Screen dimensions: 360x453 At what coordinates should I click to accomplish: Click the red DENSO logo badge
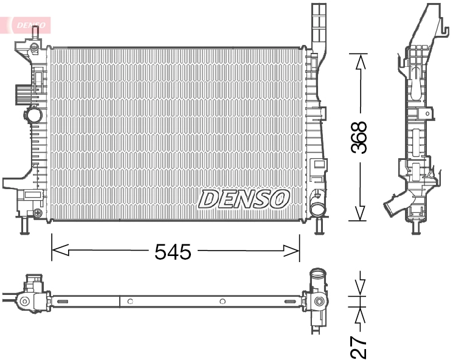tap(29, 24)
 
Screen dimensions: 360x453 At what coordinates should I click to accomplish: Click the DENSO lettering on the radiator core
tap(244, 198)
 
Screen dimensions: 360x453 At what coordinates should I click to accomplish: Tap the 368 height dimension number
tap(360, 137)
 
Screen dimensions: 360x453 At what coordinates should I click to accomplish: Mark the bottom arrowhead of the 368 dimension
tap(360, 212)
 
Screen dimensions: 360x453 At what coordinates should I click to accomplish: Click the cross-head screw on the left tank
tap(38, 213)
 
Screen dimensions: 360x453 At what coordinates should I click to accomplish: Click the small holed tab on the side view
tap(428, 112)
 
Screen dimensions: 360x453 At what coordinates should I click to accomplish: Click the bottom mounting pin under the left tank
tap(24, 226)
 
